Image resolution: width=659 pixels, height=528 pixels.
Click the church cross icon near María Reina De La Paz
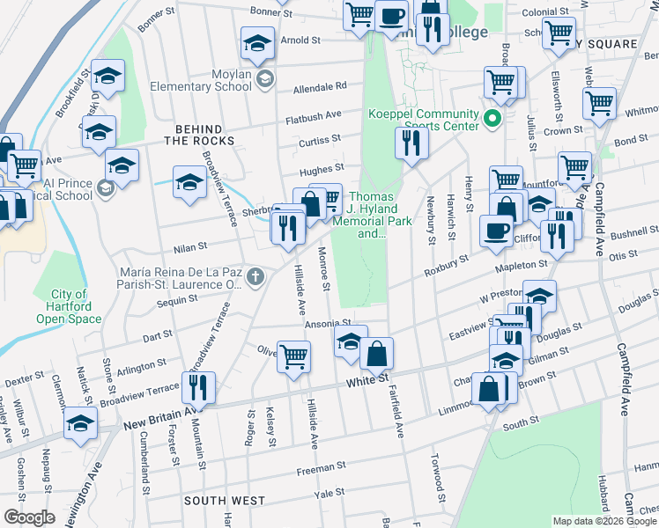255,278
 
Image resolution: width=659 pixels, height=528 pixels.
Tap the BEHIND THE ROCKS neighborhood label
199,134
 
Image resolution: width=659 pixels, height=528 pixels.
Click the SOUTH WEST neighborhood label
225,501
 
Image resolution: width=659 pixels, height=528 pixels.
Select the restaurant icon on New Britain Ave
197,386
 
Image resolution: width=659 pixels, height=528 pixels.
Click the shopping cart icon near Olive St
294,356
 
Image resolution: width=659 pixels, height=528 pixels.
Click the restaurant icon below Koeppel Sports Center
411,141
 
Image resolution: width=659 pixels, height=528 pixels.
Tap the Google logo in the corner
28,517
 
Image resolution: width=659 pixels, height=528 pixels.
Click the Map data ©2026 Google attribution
604,521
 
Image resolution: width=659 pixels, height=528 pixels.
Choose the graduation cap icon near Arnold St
256,42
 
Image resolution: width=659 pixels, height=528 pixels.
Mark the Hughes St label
322,168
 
